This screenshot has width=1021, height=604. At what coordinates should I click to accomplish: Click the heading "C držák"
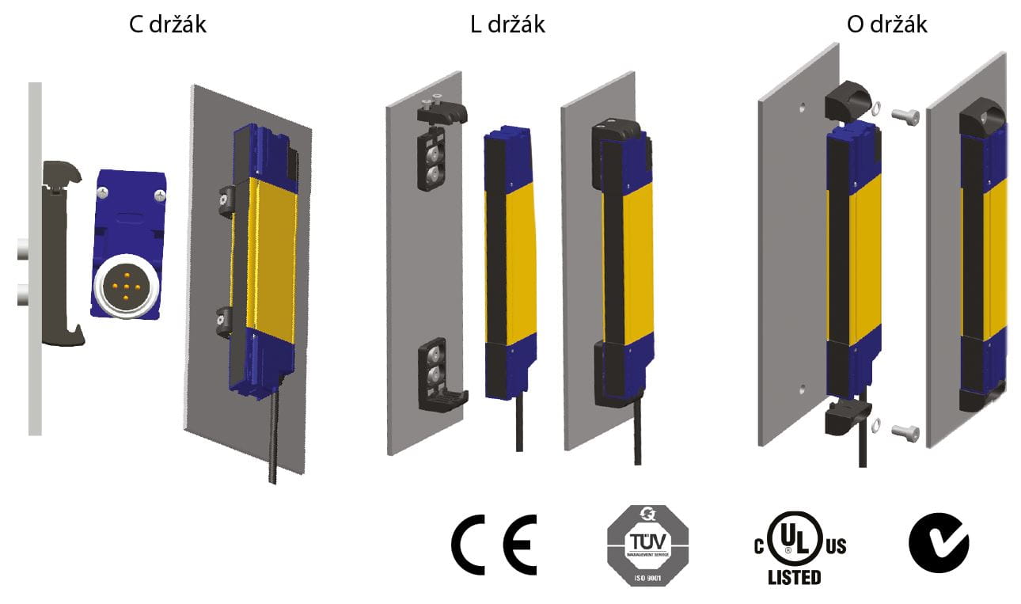[168, 25]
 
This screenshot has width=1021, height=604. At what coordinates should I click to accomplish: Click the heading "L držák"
[507, 25]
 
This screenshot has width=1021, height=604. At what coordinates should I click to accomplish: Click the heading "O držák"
[886, 25]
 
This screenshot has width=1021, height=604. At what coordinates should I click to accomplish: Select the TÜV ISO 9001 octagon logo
[647, 546]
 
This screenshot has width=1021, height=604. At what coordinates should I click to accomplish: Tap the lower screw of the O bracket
[904, 431]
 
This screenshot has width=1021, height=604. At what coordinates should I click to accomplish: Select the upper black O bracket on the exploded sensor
[848, 107]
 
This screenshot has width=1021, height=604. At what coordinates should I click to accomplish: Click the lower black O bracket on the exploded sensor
[847, 417]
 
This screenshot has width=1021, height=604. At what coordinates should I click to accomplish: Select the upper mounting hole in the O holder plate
[803, 104]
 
